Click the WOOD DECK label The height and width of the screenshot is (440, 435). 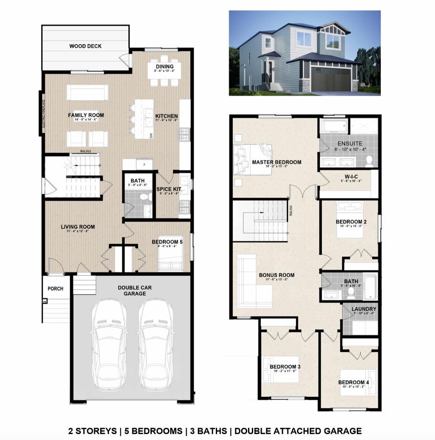(86, 46)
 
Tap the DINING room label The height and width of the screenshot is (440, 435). (165, 67)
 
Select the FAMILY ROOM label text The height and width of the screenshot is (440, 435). (86, 115)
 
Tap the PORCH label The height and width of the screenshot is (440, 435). (55, 289)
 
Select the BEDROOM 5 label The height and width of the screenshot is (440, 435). (167, 242)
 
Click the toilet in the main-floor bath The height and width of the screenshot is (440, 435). (144, 197)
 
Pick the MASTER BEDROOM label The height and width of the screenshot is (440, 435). (276, 162)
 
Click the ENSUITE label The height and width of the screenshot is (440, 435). (349, 144)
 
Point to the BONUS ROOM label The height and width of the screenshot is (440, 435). (276, 275)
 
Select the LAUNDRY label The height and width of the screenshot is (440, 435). (364, 309)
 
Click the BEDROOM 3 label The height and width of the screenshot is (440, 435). (285, 367)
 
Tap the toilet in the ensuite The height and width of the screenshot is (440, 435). (369, 161)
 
